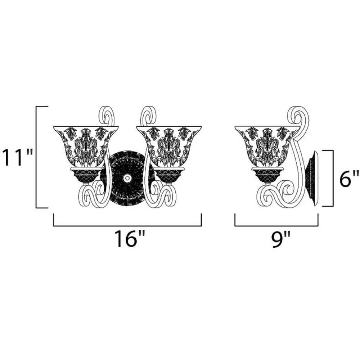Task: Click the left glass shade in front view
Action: [86, 146]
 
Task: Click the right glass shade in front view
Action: [169, 146]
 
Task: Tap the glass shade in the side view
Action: [267, 146]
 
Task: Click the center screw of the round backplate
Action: [126, 178]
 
